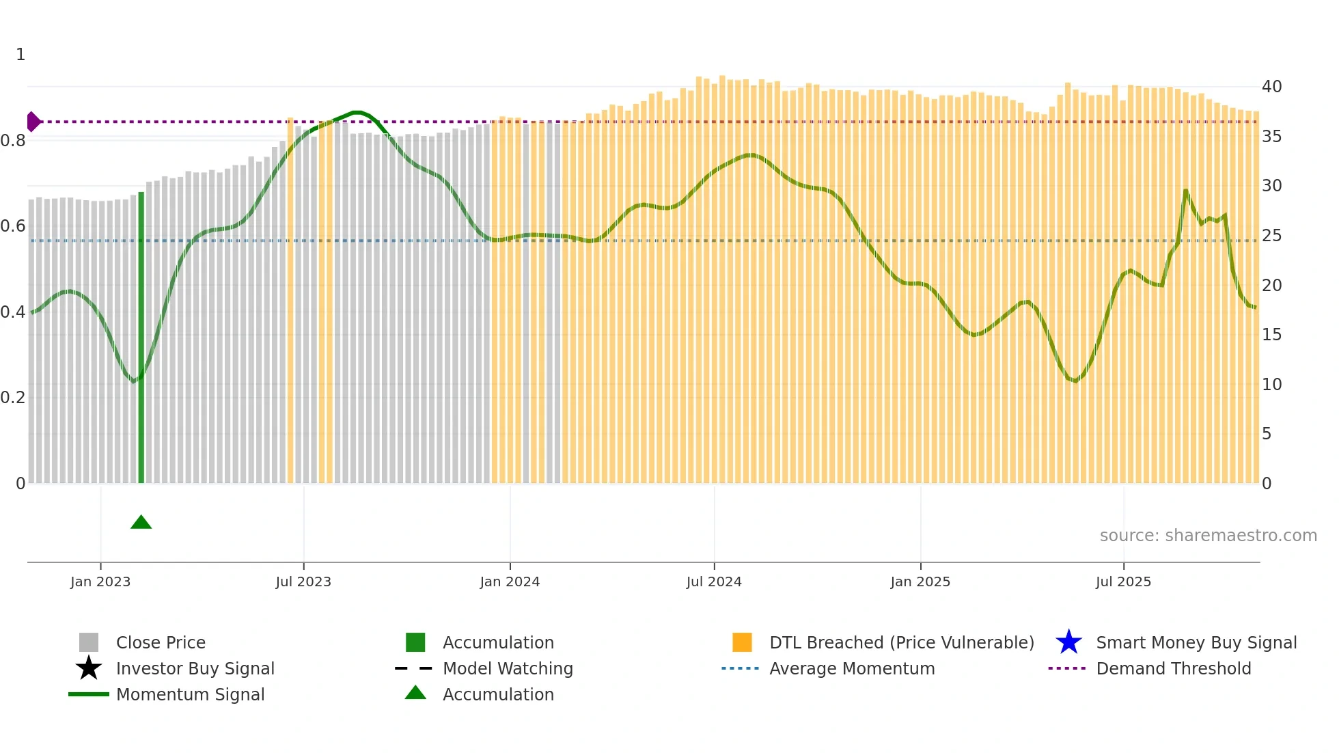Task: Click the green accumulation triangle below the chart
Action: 141,523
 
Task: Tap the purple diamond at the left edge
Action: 33,122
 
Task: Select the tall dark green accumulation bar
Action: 141,338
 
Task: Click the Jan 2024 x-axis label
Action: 510,581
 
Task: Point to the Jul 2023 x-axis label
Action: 303,581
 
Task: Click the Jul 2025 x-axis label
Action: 1123,581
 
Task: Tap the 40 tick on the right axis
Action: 1271,87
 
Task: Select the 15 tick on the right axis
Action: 1271,335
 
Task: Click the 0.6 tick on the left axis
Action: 14,226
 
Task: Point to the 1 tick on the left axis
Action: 20,55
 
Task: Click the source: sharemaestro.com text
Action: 1208,535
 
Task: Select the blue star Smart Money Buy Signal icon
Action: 1068,642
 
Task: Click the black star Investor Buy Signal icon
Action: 89,668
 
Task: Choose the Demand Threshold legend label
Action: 1173,668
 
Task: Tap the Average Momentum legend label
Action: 852,668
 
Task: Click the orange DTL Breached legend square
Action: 742,642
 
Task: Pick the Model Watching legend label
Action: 508,668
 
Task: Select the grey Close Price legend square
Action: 89,642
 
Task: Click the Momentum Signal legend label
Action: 190,694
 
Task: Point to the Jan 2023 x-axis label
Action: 100,581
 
